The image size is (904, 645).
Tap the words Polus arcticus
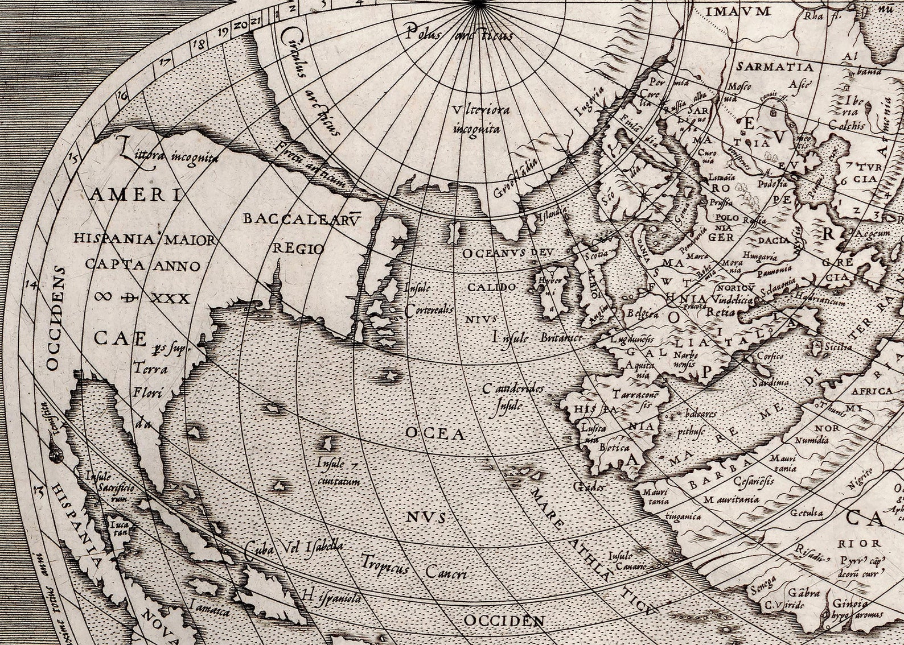point(459,34)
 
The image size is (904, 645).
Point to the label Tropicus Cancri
point(414,567)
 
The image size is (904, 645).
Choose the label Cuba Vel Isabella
point(294,548)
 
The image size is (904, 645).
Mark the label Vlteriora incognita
point(476,119)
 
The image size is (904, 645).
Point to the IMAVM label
point(730,11)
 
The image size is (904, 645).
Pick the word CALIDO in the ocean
point(492,287)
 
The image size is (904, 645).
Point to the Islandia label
point(550,214)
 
